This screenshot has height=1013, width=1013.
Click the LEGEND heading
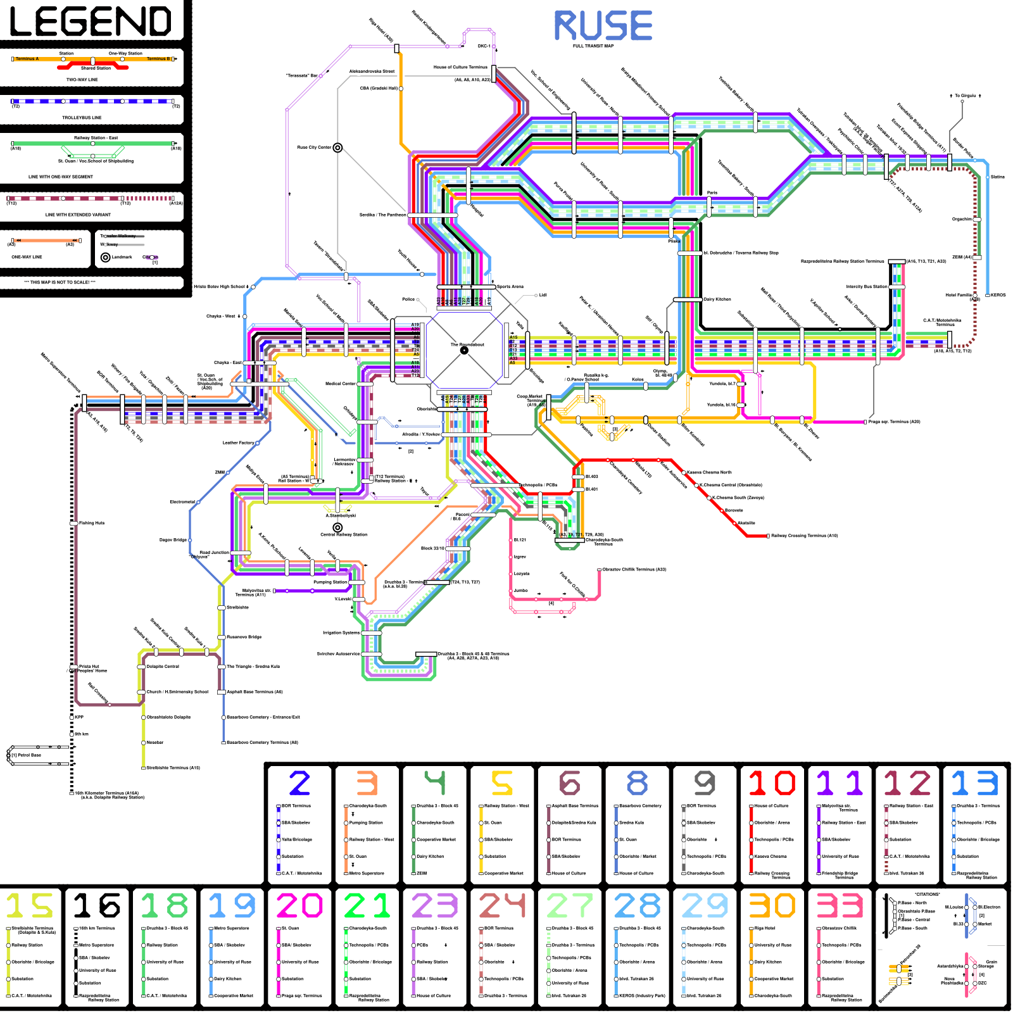91,22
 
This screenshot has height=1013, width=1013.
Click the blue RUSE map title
603,26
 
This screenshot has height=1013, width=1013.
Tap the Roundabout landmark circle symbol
464,350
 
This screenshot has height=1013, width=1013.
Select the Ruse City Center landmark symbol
337,148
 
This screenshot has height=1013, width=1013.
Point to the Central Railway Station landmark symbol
337,527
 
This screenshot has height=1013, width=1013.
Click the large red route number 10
772,783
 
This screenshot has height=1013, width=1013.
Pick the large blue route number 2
299,783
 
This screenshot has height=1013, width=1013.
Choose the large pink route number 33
840,905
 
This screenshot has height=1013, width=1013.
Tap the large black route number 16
96,905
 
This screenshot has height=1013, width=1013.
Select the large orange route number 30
772,905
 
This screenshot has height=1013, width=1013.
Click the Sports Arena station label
510,287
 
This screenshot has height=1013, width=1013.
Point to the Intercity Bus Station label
867,287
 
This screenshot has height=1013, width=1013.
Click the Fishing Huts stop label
92,523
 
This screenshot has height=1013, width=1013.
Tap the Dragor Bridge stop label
173,540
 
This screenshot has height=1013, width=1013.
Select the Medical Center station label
341,384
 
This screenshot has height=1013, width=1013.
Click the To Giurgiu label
966,96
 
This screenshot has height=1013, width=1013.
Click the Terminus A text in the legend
27,59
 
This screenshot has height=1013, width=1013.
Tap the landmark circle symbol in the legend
106,257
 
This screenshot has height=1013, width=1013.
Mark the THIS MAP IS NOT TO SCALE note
60,282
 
